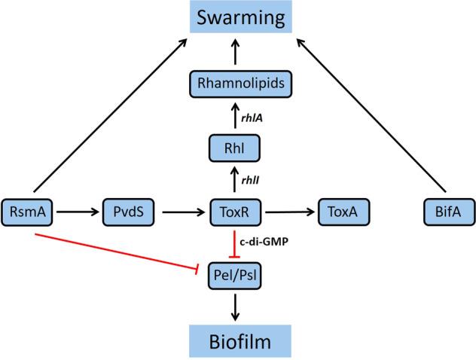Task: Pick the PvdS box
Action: (129, 213)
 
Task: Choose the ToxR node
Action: (238, 213)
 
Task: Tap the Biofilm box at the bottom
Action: (238, 343)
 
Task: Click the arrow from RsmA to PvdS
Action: (75, 213)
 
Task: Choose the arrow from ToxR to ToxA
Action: (291, 213)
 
